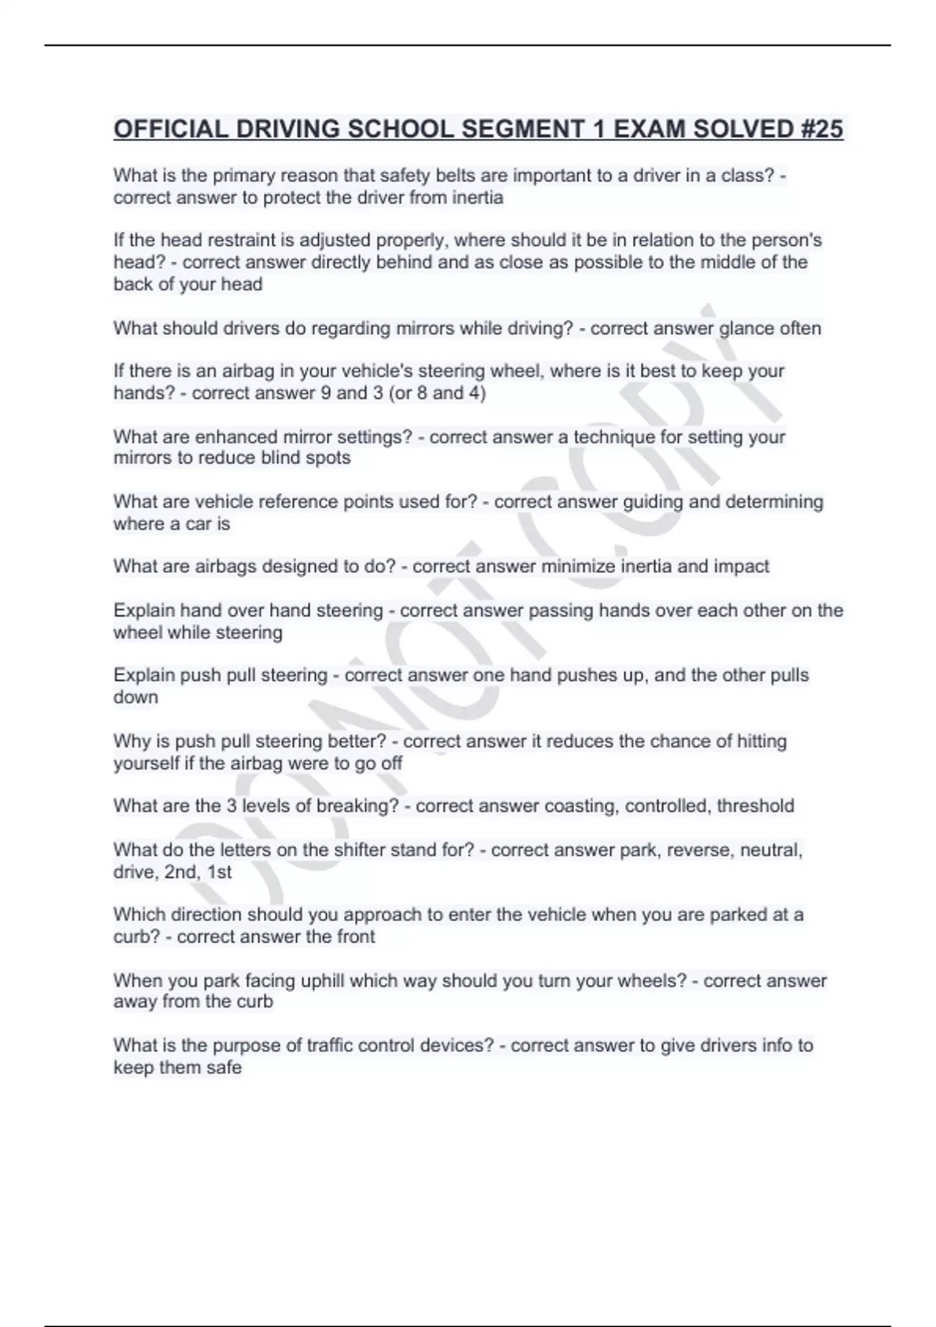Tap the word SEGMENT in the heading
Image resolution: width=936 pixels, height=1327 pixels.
pos(521,129)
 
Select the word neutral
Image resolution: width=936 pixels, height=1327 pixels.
pos(770,850)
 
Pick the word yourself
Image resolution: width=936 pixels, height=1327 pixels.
pos(146,763)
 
